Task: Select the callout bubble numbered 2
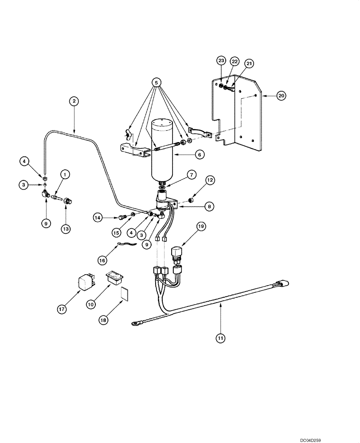pos(74,101)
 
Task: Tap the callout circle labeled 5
pos(156,82)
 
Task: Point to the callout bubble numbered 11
pos(220,338)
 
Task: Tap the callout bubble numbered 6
pos(200,155)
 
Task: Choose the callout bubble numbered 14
pos(98,217)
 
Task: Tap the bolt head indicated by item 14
pos(121,217)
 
